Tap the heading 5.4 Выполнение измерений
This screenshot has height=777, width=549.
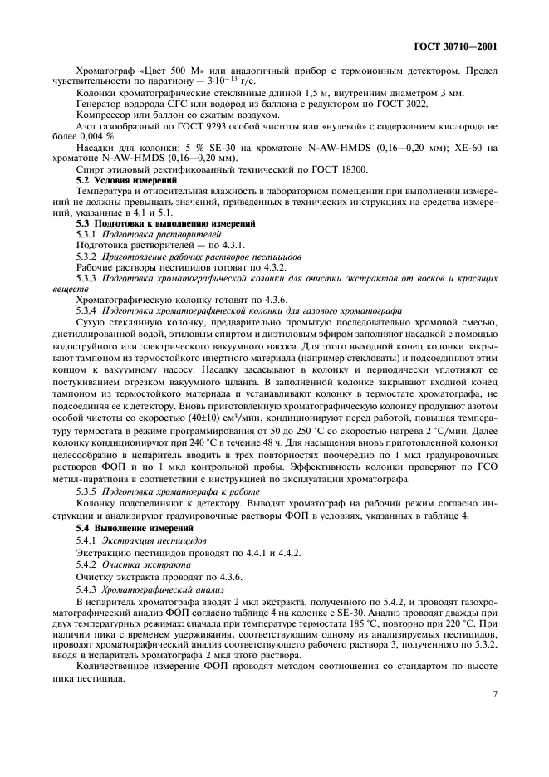click(x=135, y=528)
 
